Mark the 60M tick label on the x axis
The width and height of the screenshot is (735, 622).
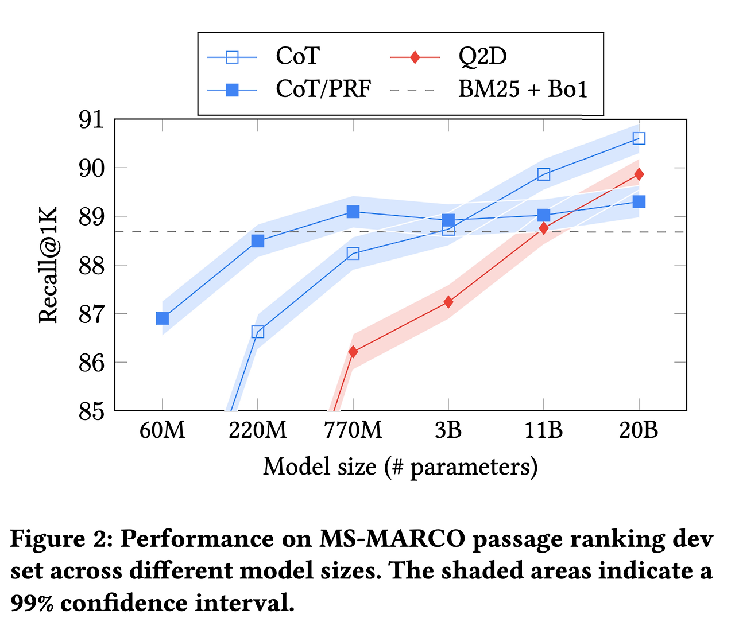click(x=163, y=430)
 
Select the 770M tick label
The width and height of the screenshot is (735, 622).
click(x=353, y=430)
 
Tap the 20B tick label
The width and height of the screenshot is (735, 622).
click(x=639, y=430)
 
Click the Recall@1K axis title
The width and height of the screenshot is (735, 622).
click(x=48, y=265)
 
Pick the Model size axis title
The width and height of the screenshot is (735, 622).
click(x=400, y=466)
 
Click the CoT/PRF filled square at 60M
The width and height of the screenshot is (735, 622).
click(x=163, y=318)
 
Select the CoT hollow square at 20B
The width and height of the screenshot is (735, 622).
click(x=639, y=138)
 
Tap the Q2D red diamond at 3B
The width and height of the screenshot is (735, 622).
click(x=448, y=302)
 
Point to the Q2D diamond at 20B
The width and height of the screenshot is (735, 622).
click(x=639, y=174)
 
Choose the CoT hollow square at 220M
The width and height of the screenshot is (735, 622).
click(x=258, y=332)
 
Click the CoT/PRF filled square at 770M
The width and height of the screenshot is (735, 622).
click(x=353, y=212)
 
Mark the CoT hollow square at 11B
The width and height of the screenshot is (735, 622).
click(x=544, y=174)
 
